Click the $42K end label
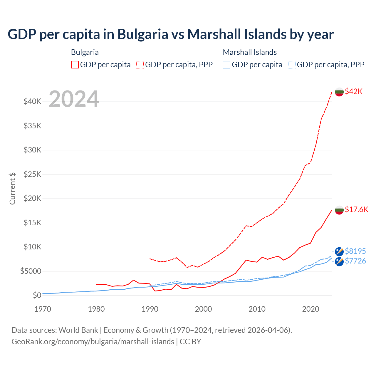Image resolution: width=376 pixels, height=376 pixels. pyautogui.click(x=354, y=91)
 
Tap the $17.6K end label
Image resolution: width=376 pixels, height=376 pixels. pyautogui.click(x=356, y=209)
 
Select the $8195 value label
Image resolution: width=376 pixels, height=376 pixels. pyautogui.click(x=355, y=251)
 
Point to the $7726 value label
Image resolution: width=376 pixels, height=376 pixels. pyautogui.click(x=355, y=261)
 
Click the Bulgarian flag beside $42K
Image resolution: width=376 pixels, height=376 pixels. pyautogui.click(x=339, y=92)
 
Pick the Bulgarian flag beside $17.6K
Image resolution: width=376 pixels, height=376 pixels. pyautogui.click(x=339, y=210)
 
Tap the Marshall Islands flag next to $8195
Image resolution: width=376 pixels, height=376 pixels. pyautogui.click(x=339, y=252)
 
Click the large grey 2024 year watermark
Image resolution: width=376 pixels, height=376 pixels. pyautogui.click(x=74, y=99)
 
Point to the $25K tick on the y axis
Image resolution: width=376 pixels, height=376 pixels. pyautogui.click(x=33, y=174)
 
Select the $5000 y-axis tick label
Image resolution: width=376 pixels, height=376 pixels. pyautogui.click(x=31, y=271)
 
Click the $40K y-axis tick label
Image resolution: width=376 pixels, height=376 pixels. pyautogui.click(x=33, y=102)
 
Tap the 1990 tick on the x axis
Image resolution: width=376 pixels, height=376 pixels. pyautogui.click(x=150, y=309)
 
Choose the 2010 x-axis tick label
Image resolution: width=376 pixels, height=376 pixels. pyautogui.click(x=257, y=309)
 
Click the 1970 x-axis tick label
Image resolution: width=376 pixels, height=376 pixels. pyautogui.click(x=43, y=309)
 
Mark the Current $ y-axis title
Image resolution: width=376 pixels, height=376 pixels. pyautogui.click(x=12, y=188)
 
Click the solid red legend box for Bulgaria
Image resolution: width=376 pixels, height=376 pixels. pyautogui.click(x=75, y=65)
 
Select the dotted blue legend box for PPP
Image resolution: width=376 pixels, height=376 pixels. pyautogui.click(x=292, y=65)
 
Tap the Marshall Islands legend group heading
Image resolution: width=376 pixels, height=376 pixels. pyautogui.click(x=250, y=52)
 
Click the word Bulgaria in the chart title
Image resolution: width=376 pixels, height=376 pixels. pyautogui.click(x=143, y=34)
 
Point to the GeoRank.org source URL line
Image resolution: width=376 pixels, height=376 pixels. pyautogui.click(x=93, y=342)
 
